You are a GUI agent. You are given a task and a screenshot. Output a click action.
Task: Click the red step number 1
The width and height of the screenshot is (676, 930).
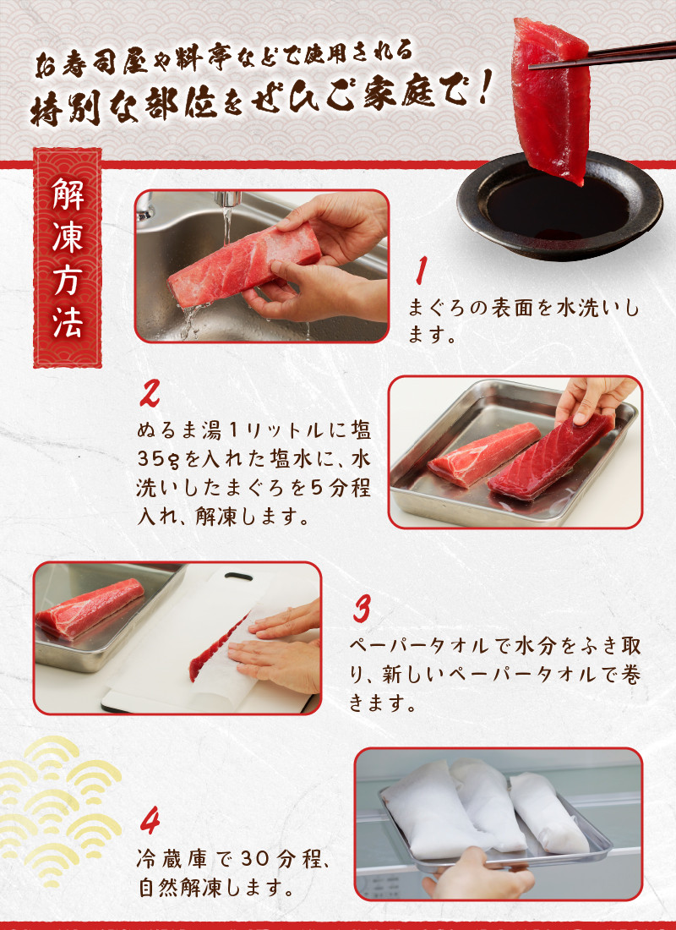tap(421, 271)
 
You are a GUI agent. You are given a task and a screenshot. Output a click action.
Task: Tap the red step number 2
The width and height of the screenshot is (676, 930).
tap(150, 392)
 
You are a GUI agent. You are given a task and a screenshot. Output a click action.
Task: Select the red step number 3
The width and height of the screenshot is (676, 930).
tap(362, 609)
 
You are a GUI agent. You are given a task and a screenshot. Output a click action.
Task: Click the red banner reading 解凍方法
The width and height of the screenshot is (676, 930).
tap(68, 258)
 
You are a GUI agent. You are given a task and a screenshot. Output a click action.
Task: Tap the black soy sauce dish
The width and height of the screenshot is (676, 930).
tap(559, 205)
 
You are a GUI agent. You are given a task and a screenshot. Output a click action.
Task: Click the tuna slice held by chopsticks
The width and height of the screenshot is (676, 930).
tap(550, 98)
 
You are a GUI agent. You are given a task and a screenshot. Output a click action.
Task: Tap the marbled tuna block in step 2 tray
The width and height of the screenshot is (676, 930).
tap(483, 454)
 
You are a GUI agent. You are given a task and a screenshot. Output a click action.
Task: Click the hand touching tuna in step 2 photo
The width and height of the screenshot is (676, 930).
tap(593, 398)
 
